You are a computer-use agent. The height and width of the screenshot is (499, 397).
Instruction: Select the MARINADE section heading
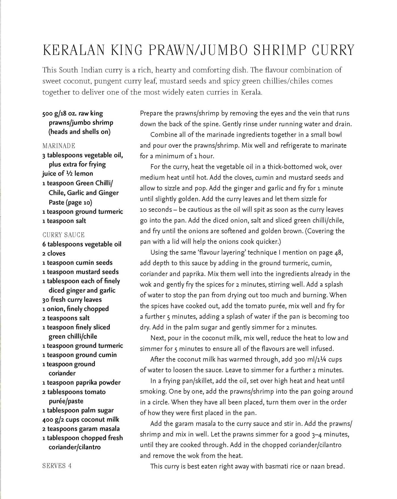59,146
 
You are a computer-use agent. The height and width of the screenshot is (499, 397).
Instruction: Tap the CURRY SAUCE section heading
63,235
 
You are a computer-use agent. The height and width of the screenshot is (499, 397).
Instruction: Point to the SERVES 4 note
57,466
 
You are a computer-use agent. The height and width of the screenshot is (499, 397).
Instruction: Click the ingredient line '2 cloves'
54,253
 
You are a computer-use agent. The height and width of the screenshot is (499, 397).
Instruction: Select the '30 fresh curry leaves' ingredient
72,299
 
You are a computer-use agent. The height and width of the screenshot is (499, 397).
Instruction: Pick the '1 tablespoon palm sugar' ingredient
78,410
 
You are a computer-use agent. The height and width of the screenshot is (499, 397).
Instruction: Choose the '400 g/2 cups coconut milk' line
81,419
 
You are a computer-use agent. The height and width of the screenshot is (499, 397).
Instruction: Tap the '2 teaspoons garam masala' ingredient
81,429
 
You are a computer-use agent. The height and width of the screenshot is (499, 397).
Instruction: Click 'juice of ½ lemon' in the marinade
68,173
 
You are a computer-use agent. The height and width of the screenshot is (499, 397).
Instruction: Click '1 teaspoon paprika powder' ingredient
81,382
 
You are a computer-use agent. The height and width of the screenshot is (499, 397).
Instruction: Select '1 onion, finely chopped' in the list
76,309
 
